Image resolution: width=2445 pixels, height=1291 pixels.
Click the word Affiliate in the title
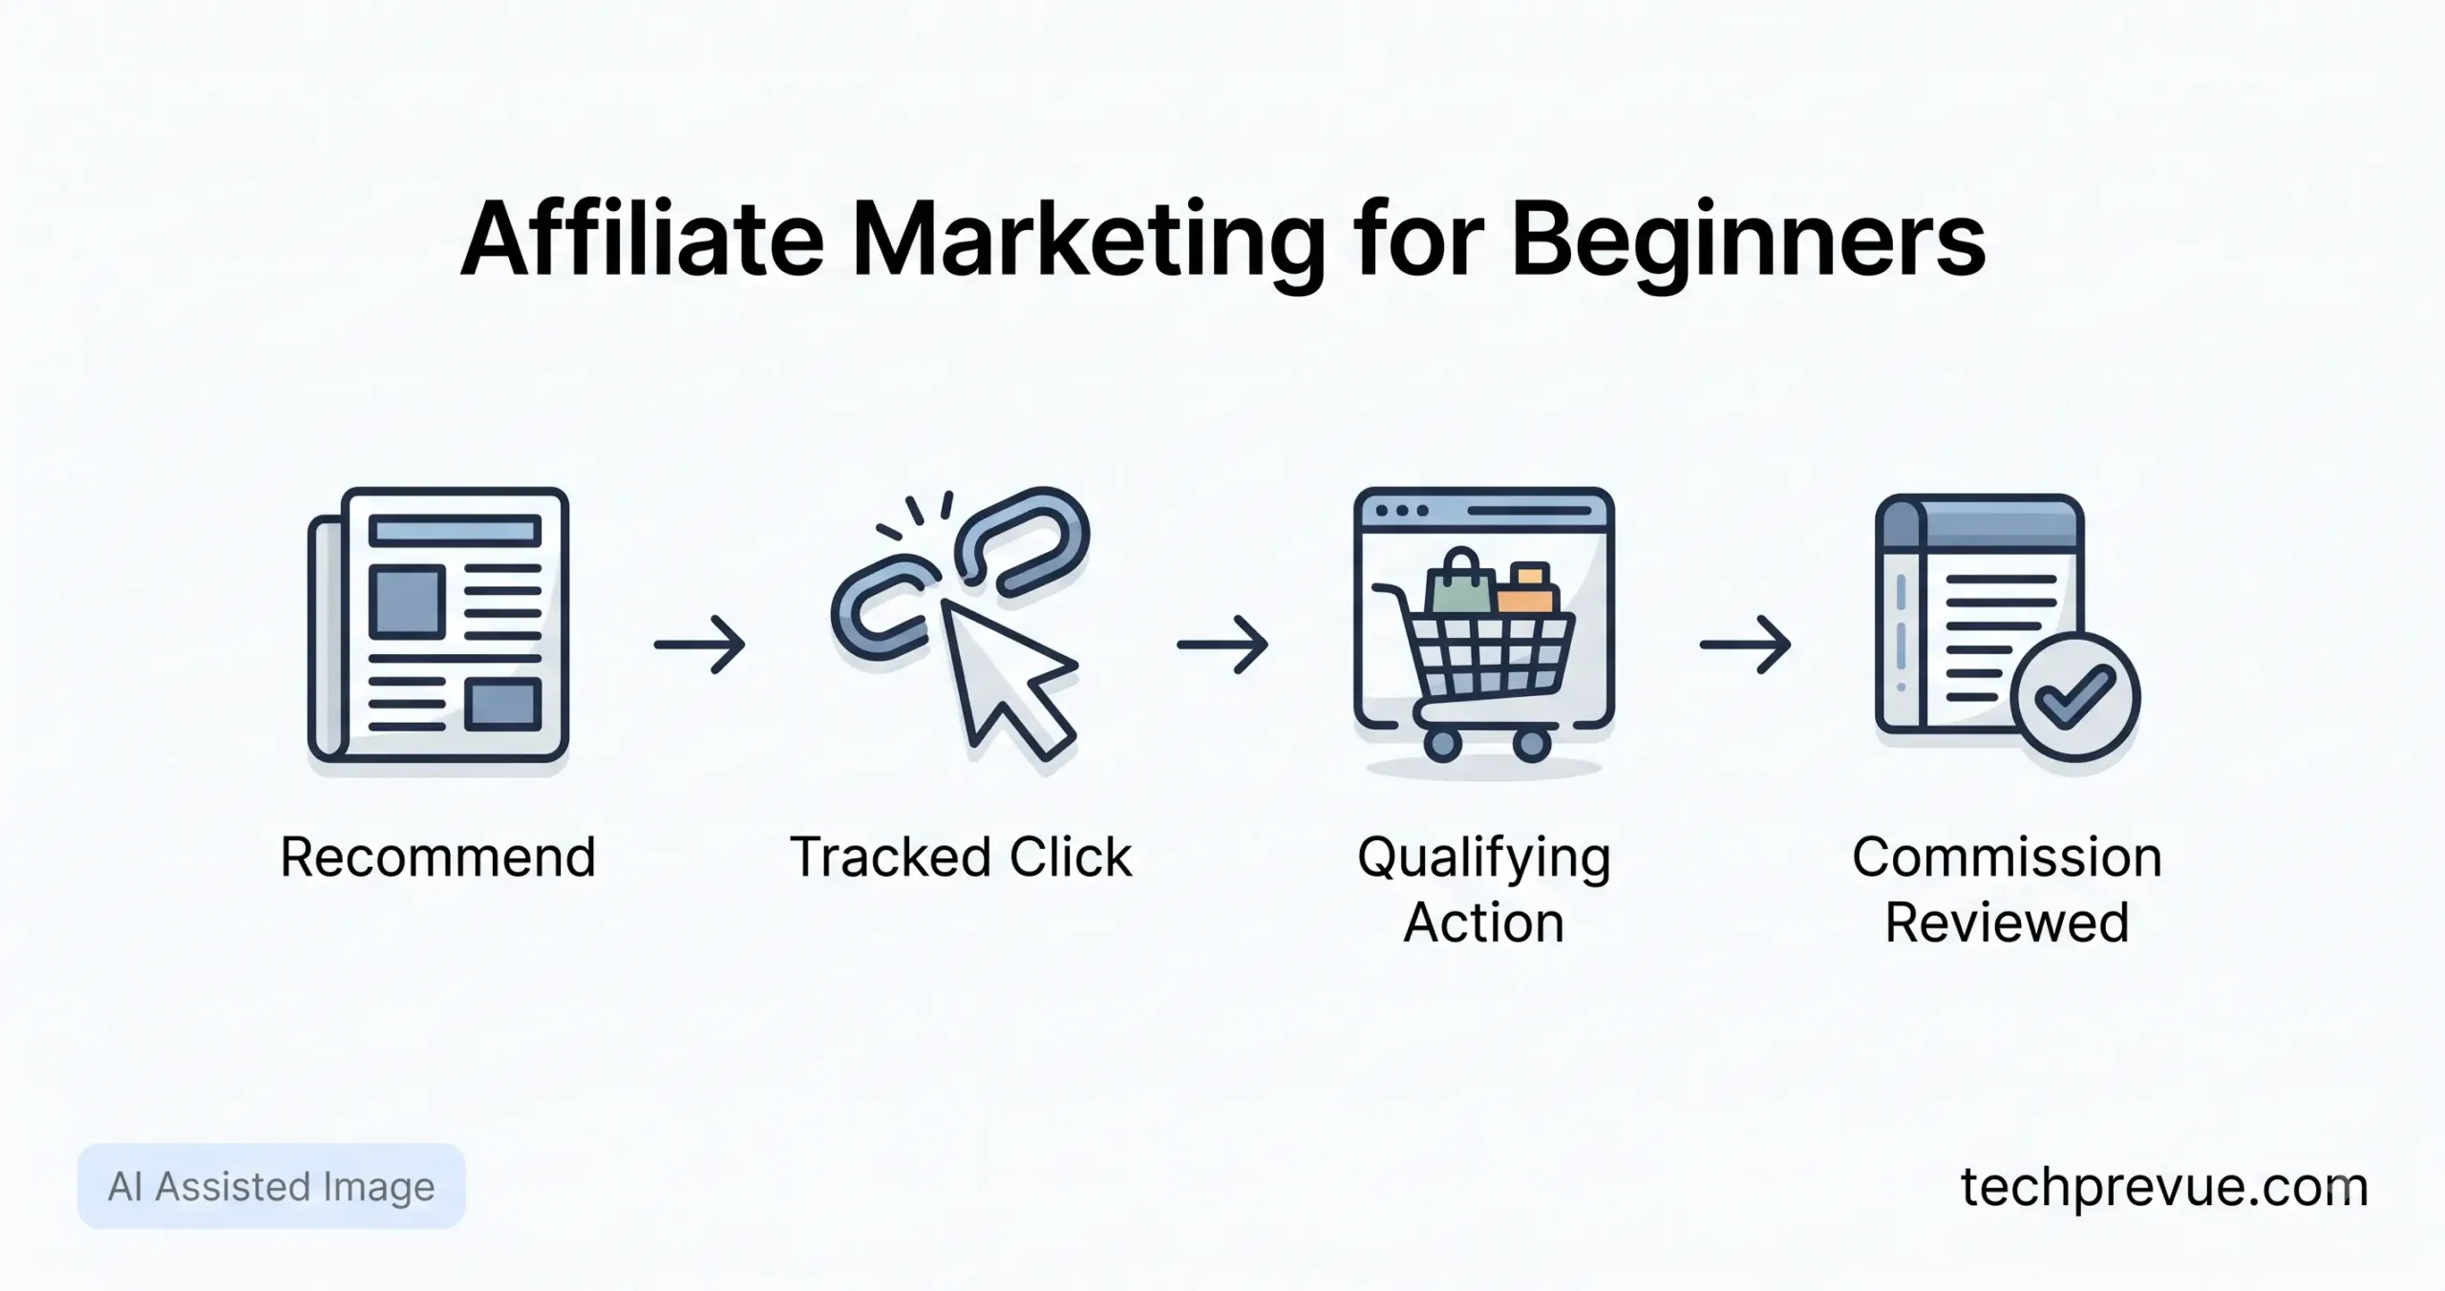click(642, 240)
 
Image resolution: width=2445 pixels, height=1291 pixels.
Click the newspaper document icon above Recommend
click(438, 624)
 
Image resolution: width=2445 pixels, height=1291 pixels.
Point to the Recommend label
click(438, 857)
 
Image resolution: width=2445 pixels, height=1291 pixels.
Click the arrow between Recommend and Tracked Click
click(699, 645)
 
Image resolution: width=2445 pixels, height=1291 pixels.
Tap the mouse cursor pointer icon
click(1008, 678)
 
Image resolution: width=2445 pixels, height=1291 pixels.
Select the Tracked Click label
click(961, 857)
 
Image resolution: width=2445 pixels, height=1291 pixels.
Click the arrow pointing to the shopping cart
click(1222, 645)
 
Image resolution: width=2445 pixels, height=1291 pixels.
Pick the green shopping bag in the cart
click(1459, 582)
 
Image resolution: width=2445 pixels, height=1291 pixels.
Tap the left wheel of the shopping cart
click(1442, 744)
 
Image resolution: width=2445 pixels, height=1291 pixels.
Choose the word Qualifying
click(1484, 858)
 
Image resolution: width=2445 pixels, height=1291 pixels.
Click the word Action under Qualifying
click(1484, 923)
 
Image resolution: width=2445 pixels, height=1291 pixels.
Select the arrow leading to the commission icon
click(1745, 645)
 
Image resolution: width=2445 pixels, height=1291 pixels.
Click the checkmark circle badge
click(2074, 696)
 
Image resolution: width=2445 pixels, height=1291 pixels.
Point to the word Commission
click(2007, 857)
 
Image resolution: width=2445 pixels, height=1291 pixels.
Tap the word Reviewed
click(2007, 922)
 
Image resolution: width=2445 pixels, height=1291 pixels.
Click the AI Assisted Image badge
click(271, 1186)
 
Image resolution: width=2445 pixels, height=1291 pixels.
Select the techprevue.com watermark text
click(2164, 1189)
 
